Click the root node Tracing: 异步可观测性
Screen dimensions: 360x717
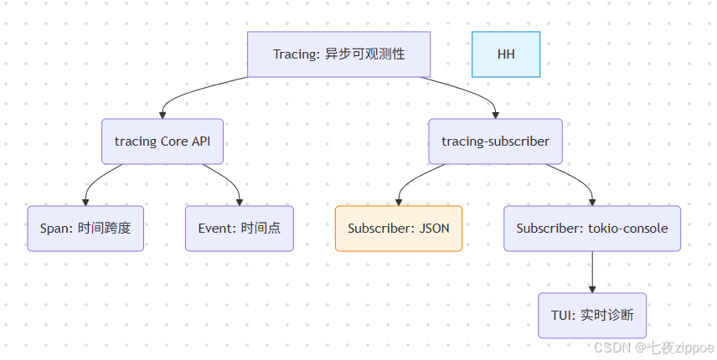(338, 54)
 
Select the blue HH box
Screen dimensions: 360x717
(506, 54)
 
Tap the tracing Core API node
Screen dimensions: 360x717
(162, 141)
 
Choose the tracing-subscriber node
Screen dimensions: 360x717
(496, 141)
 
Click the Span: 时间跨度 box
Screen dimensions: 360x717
(85, 229)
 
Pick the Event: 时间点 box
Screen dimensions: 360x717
(240, 229)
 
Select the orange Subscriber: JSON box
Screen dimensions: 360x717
(399, 229)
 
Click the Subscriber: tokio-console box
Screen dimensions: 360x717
(592, 229)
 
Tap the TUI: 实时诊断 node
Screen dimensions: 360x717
(592, 316)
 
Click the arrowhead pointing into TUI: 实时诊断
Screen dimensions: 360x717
(592, 288)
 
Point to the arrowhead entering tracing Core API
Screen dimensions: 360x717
(162, 114)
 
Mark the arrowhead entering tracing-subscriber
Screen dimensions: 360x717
(496, 114)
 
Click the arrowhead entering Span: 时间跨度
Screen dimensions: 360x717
(85, 201)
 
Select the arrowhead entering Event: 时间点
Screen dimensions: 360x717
(240, 201)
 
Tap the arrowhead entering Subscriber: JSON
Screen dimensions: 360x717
(399, 201)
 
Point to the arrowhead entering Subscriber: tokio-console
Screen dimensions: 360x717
(592, 201)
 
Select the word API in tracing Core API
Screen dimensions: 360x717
(201, 141)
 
